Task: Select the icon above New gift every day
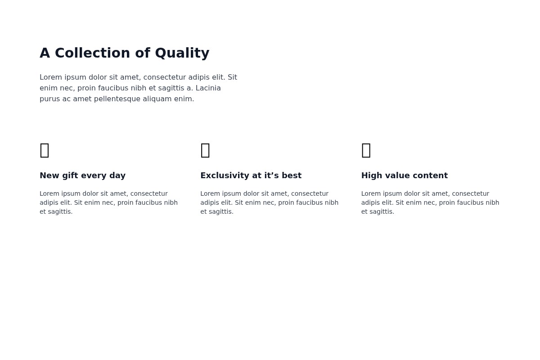(45, 150)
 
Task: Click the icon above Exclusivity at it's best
(205, 150)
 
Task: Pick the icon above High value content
(366, 150)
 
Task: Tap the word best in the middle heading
(292, 175)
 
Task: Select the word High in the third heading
(370, 175)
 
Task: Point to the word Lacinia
(208, 88)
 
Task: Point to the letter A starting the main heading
(45, 53)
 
